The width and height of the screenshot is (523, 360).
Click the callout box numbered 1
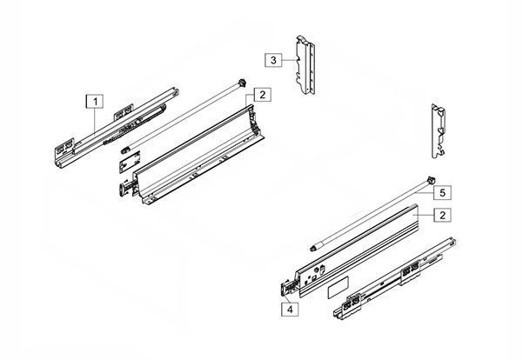(x=95, y=102)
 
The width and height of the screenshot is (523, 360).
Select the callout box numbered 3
(x=273, y=60)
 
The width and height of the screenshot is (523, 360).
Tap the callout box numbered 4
(x=290, y=310)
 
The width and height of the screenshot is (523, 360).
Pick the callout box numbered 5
(x=443, y=193)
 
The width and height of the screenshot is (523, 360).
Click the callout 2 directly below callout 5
(x=443, y=215)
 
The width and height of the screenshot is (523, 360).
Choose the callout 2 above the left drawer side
(x=263, y=95)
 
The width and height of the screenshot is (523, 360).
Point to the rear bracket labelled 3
(x=305, y=64)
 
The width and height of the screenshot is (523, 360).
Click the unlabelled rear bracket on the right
(x=439, y=130)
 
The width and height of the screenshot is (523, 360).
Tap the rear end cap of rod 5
(x=431, y=180)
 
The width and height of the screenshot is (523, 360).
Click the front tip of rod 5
(x=314, y=248)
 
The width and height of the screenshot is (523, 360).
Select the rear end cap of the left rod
(x=243, y=83)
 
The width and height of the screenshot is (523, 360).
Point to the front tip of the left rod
(x=124, y=150)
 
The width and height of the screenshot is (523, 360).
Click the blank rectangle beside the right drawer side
(x=339, y=287)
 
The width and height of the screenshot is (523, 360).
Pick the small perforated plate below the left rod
(x=130, y=162)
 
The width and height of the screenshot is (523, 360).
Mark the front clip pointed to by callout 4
(x=287, y=288)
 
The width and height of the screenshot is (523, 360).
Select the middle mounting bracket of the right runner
(x=409, y=271)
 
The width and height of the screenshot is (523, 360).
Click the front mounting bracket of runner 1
(x=64, y=149)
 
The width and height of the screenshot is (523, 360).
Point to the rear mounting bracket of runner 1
(x=124, y=111)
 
